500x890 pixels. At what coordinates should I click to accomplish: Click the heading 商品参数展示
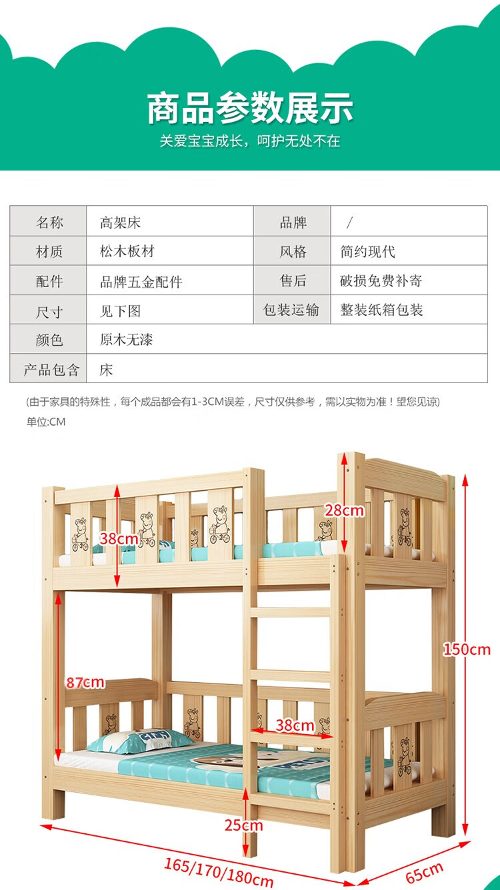[250, 108]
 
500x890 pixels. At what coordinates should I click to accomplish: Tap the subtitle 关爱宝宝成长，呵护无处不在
[250, 141]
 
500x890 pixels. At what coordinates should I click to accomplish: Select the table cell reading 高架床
[121, 222]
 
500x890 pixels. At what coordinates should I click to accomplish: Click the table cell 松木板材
[127, 251]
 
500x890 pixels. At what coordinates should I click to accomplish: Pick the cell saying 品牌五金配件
[141, 281]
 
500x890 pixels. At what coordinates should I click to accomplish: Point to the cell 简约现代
[368, 251]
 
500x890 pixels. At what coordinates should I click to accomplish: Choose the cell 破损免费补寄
[381, 280]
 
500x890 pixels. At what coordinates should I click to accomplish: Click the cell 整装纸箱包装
[382, 310]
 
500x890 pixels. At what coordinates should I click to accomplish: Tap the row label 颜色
[49, 340]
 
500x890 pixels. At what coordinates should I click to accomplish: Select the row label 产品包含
[49, 370]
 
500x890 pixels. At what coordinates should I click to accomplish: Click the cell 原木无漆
[127, 340]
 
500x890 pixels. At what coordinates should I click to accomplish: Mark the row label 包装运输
[291, 310]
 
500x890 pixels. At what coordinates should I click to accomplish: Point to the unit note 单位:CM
[46, 422]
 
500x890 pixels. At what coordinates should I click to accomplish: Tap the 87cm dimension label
[85, 682]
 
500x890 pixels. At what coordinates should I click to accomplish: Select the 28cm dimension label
[345, 511]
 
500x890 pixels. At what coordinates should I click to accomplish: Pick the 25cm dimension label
[243, 826]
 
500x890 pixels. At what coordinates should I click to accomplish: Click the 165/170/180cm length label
[219, 873]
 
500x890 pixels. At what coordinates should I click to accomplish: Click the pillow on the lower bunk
[141, 741]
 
